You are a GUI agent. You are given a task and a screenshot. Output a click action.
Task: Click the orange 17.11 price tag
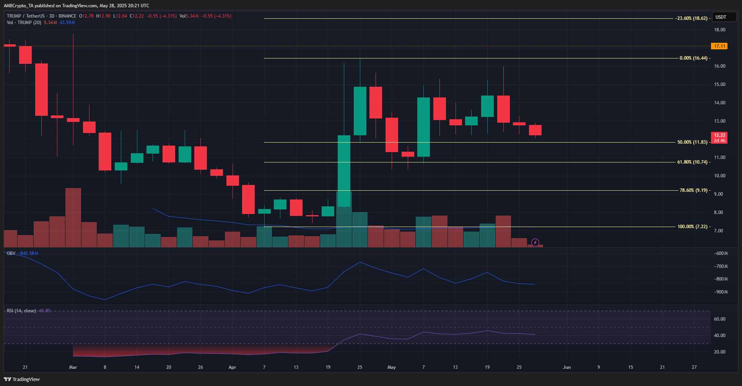pyautogui.click(x=719, y=46)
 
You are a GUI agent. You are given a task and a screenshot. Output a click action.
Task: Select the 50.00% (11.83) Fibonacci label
pyautogui.click(x=692, y=142)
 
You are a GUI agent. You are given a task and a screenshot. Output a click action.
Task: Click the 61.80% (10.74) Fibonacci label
pyautogui.click(x=692, y=162)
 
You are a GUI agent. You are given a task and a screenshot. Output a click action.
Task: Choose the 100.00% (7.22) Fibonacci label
pyautogui.click(x=692, y=227)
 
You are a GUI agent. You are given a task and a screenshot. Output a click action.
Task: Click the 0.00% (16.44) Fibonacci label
pyautogui.click(x=693, y=58)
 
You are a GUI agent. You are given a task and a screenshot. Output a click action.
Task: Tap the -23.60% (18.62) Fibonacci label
pyautogui.click(x=692, y=18)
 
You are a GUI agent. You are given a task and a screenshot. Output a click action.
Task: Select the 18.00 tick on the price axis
pyautogui.click(x=719, y=30)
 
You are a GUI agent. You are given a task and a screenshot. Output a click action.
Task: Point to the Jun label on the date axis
pyautogui.click(x=566, y=367)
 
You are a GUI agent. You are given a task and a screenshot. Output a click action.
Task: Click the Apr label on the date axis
pyautogui.click(x=232, y=367)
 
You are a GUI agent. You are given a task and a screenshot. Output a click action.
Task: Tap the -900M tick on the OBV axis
pyautogui.click(x=721, y=292)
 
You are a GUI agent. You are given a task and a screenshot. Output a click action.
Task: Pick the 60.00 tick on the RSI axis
pyautogui.click(x=719, y=319)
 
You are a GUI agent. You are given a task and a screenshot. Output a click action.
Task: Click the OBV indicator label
pyautogui.click(x=11, y=253)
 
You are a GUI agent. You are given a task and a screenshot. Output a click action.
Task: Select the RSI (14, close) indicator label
pyautogui.click(x=21, y=311)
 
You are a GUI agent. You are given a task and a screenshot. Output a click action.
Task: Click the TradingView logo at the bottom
pyautogui.click(x=22, y=379)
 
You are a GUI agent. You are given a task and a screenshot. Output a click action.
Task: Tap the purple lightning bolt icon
pyautogui.click(x=535, y=242)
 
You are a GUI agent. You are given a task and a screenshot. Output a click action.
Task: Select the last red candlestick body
pyautogui.click(x=535, y=130)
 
